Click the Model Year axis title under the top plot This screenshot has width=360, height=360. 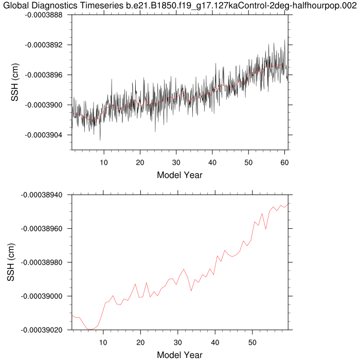click(179, 175)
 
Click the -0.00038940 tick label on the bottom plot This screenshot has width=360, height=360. click(42, 195)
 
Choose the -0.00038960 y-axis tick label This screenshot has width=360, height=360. click(42, 228)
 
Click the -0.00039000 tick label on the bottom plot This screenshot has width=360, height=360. click(42, 296)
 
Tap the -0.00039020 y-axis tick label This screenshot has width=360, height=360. click(42, 330)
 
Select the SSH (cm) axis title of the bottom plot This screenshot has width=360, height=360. click(11, 262)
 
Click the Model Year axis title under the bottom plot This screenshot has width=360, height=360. click(179, 354)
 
